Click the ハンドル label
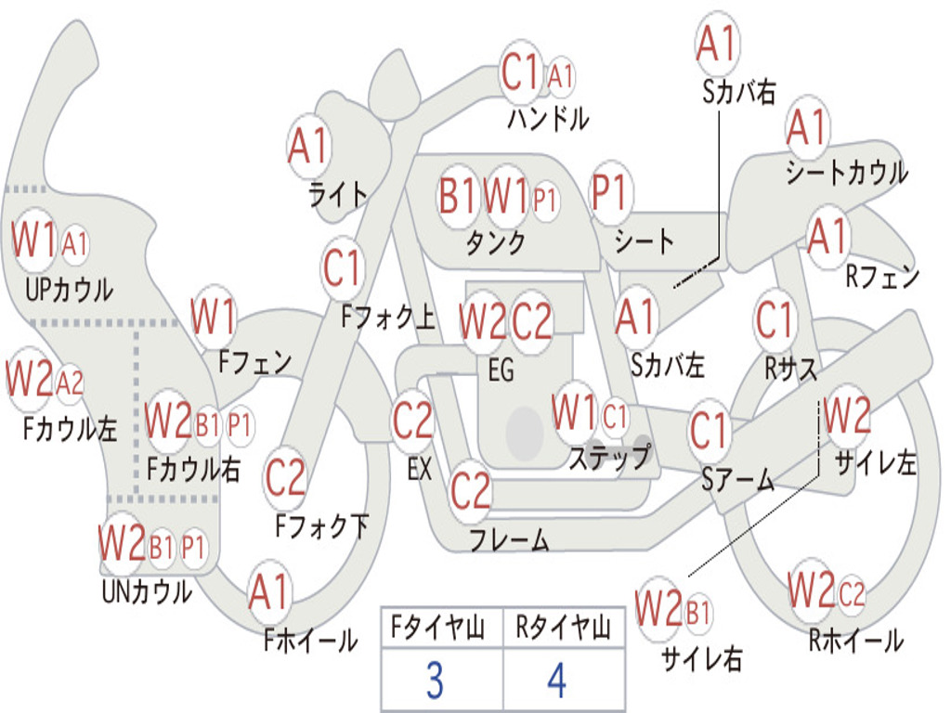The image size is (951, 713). click(548, 118)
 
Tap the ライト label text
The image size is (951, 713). click(338, 195)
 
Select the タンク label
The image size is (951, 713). click(496, 242)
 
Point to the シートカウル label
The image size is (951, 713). click(847, 172)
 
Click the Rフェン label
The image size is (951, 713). click(882, 277)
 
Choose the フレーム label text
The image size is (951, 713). click(510, 539)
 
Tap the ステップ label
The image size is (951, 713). click(609, 457)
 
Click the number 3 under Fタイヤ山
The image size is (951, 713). click(435, 681)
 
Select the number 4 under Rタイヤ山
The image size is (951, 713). click(557, 681)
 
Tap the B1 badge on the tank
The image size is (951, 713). click(458, 196)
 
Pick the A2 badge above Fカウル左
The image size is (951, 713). click(69, 383)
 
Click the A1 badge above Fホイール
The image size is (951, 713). click(269, 591)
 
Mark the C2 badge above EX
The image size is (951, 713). click(412, 421)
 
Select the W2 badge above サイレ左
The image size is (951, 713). click(847, 415)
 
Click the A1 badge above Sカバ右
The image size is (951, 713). click(717, 44)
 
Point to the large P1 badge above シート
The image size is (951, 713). click(609, 193)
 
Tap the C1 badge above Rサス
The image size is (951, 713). click(774, 319)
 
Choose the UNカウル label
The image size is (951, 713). click(148, 591)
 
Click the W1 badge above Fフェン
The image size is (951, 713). click(213, 316)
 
